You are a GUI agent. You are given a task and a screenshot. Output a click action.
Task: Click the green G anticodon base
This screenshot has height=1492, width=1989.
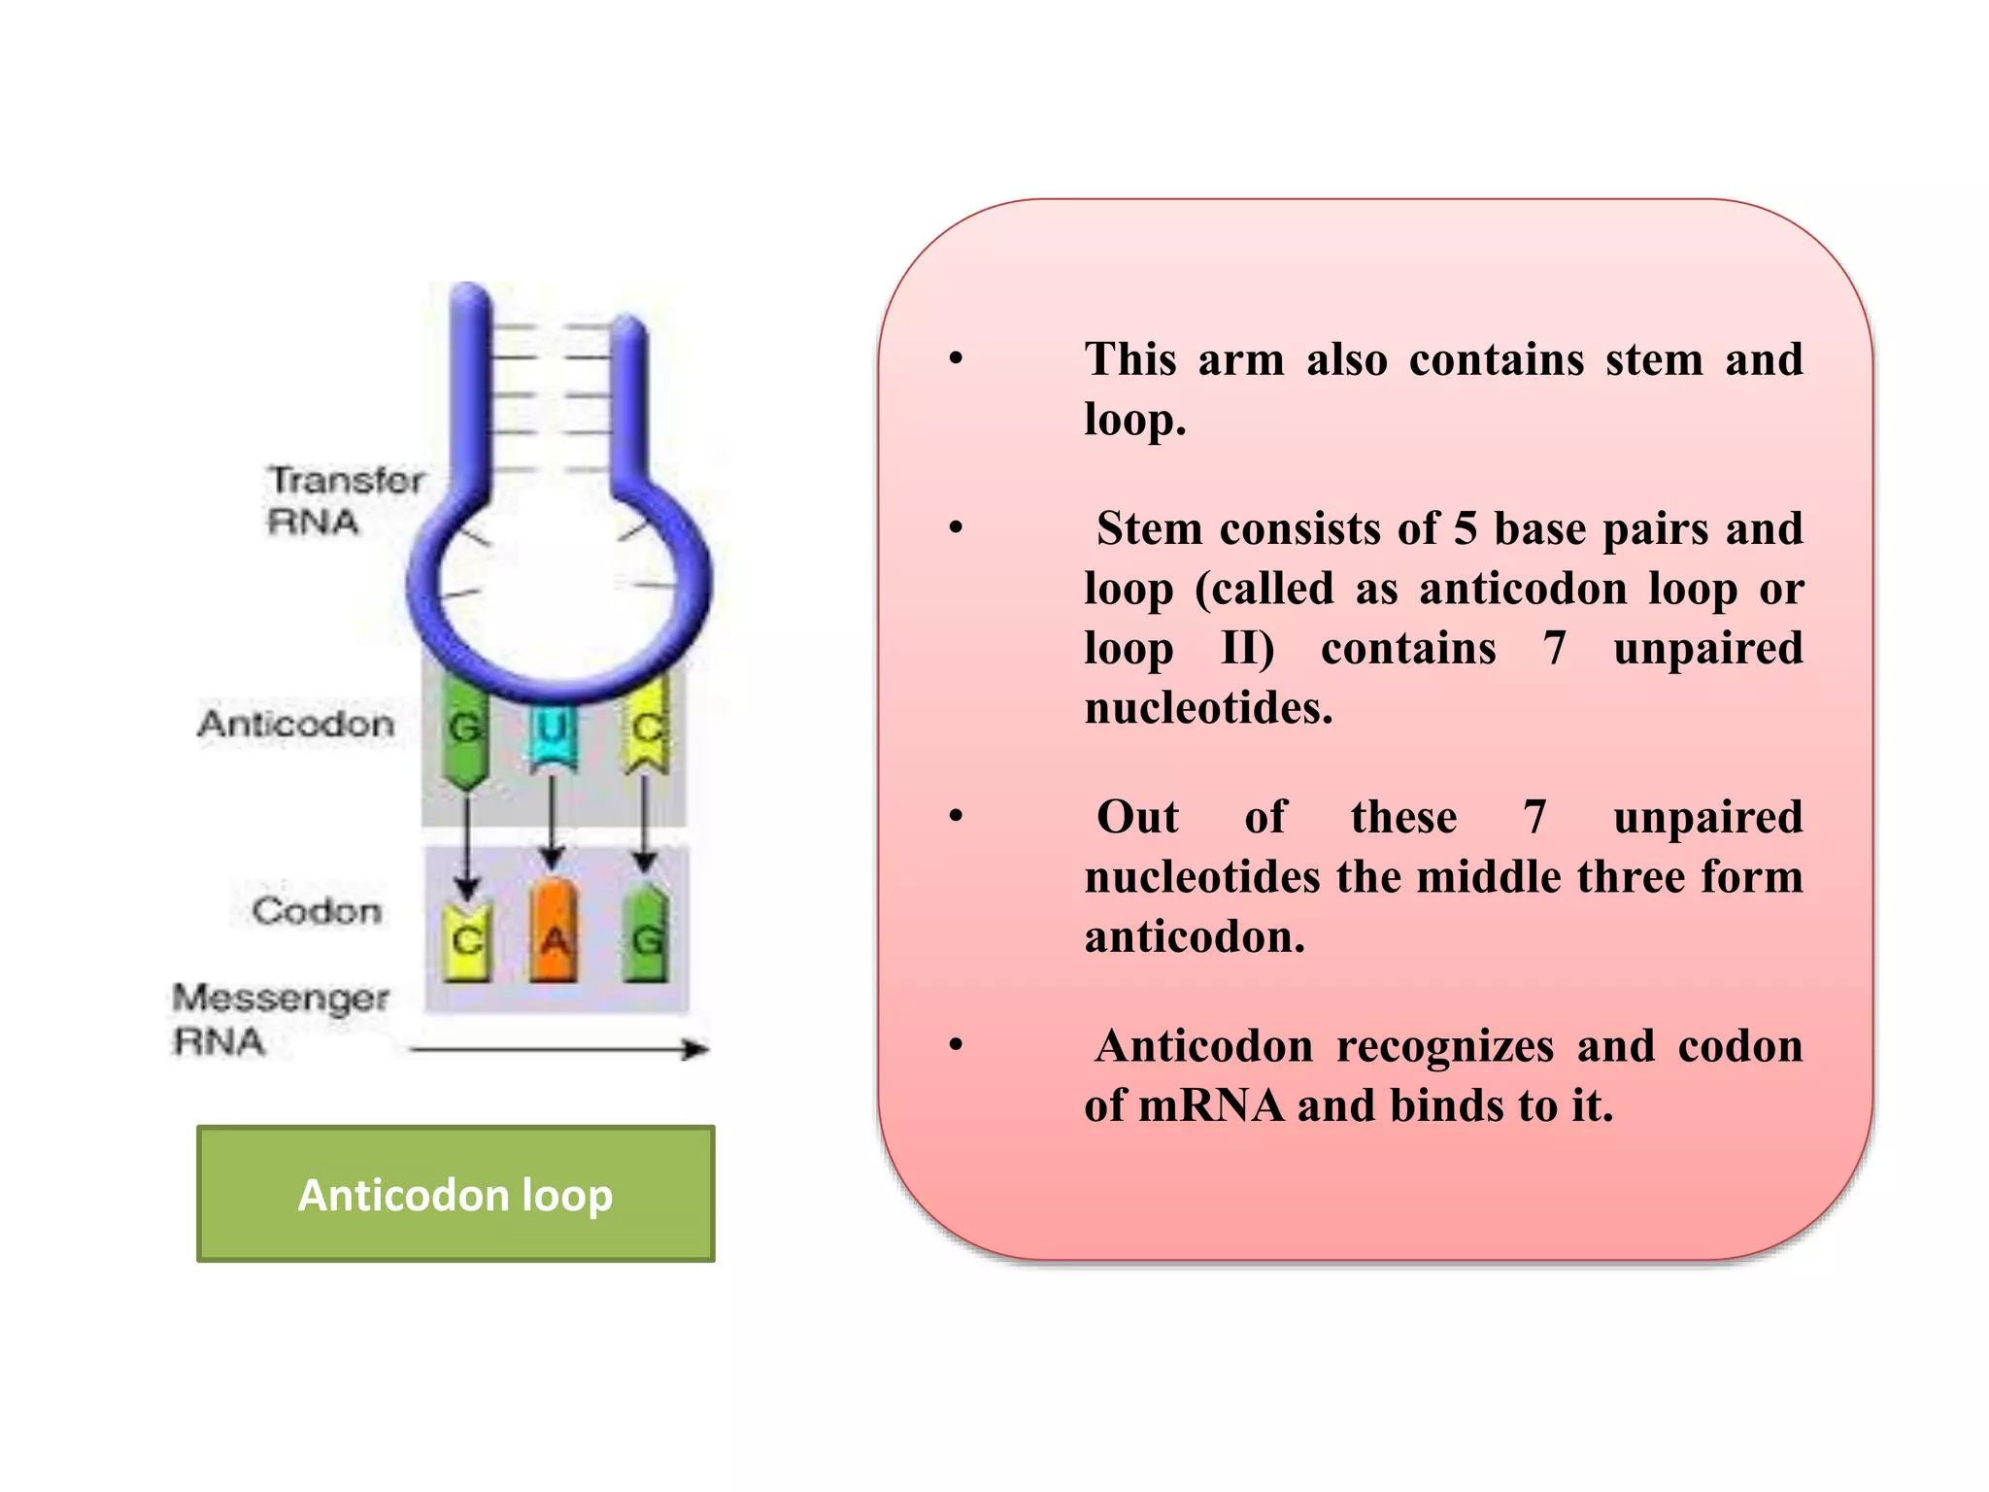(465, 731)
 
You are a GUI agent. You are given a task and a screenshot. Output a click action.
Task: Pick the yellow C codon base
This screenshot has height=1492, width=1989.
(467, 939)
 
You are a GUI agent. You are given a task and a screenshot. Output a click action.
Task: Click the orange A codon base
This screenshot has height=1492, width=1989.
(554, 932)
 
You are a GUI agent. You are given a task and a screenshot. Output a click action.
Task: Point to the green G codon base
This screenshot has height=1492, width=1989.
(646, 933)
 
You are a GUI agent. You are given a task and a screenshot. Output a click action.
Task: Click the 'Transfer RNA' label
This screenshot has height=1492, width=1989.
(344, 500)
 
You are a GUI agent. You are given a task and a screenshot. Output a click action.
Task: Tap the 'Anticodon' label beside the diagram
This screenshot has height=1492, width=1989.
(296, 724)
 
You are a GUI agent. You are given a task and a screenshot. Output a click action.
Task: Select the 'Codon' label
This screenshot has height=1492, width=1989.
(317, 911)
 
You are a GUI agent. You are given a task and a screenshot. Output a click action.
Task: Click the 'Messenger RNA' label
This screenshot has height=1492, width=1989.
(280, 1019)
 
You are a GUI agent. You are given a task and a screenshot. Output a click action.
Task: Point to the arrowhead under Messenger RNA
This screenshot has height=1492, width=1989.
(696, 1049)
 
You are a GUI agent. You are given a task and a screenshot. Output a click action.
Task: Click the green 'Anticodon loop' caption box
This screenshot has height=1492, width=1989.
(455, 1194)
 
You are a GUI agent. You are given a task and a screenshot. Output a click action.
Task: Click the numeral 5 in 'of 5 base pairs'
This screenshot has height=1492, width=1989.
(1465, 529)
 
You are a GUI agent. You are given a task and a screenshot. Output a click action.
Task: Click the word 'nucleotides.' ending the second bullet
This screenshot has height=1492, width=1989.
(1208, 708)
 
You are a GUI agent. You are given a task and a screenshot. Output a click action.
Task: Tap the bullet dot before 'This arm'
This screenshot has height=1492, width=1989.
(957, 359)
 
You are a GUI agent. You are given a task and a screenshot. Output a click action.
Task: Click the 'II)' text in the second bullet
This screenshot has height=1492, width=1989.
(1247, 648)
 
